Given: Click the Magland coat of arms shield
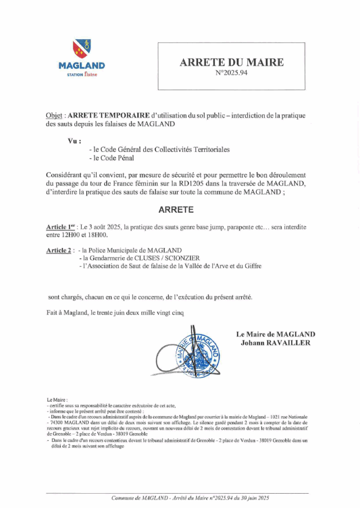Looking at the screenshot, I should tap(81, 49).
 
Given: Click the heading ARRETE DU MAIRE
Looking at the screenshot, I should tap(231, 63).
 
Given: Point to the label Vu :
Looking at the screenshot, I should tap(74, 141).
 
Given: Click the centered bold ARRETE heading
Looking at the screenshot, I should tap(176, 209).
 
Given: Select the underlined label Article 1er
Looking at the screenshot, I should tap(60, 227).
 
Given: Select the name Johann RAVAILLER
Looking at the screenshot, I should tap(276, 343).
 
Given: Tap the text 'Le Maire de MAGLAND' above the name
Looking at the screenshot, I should tap(276, 334).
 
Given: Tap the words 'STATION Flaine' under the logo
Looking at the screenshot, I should tap(82, 75).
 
